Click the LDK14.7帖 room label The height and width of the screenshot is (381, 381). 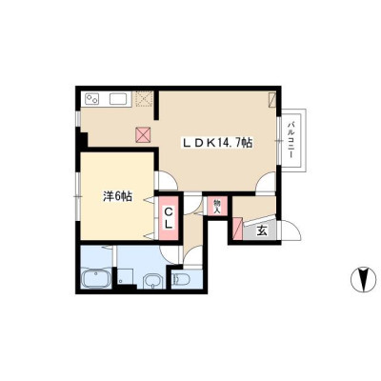(x=217, y=143)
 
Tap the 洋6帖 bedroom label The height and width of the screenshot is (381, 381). (x=117, y=197)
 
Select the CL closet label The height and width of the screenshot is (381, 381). (x=169, y=218)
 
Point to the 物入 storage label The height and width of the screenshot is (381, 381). (x=217, y=207)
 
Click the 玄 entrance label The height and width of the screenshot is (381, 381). (x=262, y=231)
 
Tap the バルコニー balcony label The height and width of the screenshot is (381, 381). (x=291, y=140)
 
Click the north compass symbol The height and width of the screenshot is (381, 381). (x=361, y=279)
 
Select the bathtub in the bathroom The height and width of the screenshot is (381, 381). (x=96, y=278)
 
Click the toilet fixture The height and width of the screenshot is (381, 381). (x=180, y=279)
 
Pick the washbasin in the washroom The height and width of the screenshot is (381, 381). (x=153, y=281)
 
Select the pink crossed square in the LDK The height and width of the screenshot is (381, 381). (x=143, y=134)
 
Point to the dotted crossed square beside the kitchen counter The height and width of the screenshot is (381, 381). (x=144, y=99)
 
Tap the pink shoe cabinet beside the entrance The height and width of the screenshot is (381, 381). (x=238, y=229)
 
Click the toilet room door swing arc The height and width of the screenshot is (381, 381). (x=191, y=254)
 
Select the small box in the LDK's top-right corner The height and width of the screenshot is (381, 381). (x=272, y=100)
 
